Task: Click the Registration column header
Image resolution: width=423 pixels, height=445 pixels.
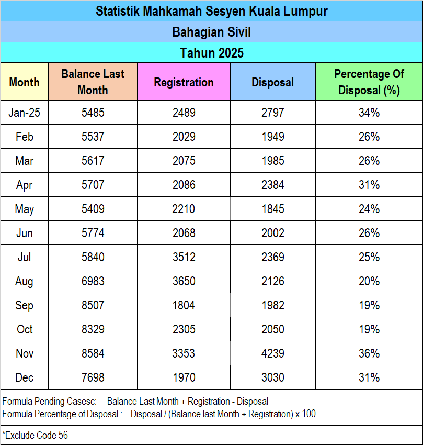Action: [x=184, y=82]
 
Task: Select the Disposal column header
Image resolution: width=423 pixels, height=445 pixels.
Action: [x=272, y=82]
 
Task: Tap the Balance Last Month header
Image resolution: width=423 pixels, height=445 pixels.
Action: [x=93, y=82]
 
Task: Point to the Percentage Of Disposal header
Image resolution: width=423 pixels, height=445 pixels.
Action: [x=369, y=82]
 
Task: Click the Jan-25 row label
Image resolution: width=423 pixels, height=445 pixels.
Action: [x=24, y=113]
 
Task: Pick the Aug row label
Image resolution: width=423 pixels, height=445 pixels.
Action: [x=24, y=281]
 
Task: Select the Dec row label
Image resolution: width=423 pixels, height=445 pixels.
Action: [x=24, y=377]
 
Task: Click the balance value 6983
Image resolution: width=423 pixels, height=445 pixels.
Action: [x=93, y=281]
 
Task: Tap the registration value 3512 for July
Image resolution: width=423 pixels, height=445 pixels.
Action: [x=184, y=257]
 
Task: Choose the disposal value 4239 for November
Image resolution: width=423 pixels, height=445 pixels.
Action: [x=273, y=353]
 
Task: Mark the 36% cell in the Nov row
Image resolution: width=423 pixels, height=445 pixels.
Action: [x=369, y=353]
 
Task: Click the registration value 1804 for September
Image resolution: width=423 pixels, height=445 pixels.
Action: [x=184, y=305]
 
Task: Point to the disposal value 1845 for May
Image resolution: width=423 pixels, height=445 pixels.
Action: [x=273, y=209]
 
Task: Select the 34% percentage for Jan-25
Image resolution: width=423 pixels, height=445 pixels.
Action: [x=369, y=113]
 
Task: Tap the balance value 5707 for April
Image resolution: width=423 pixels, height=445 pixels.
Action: [x=93, y=185]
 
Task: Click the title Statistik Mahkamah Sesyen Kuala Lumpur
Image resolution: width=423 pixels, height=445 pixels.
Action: [x=211, y=11]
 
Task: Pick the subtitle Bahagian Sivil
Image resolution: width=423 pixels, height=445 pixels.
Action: [x=211, y=32]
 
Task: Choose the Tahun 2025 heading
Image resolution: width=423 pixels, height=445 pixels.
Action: [x=211, y=53]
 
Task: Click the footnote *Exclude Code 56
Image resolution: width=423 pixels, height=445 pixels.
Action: [x=35, y=435]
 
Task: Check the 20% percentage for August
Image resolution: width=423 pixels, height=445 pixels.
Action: [x=369, y=281]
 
